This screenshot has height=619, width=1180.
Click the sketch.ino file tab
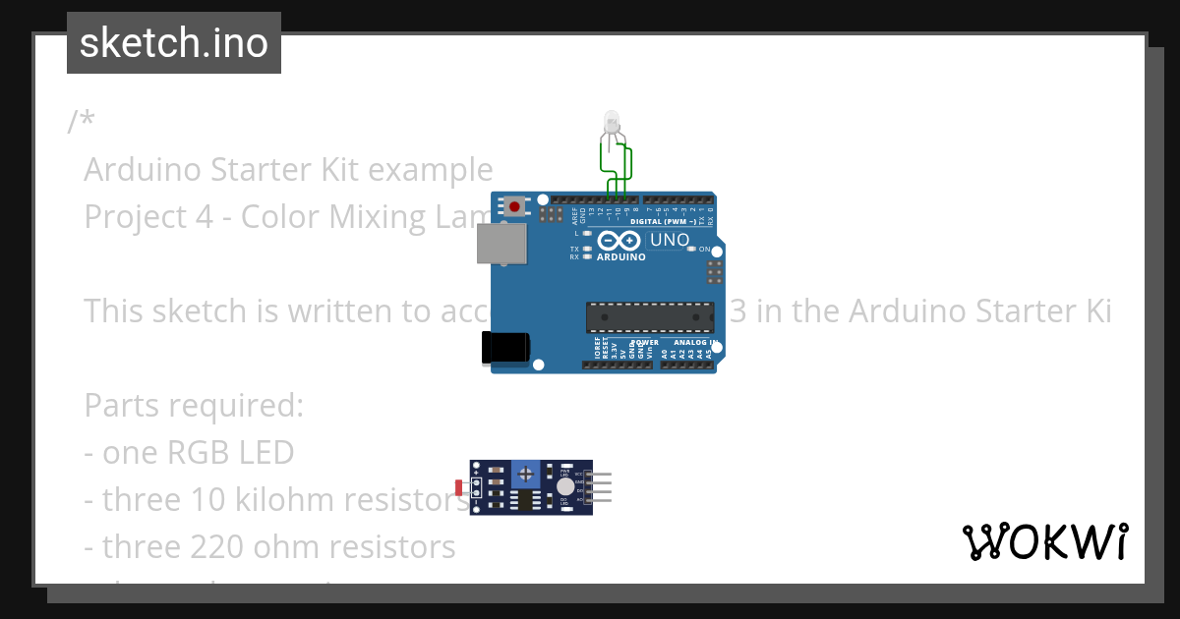point(174,43)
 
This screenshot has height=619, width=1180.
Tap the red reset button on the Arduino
point(514,206)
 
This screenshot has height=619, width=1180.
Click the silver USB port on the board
point(502,243)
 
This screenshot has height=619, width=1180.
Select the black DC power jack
point(505,348)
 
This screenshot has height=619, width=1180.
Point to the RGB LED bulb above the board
point(611,123)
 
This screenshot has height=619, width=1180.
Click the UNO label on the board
point(670,241)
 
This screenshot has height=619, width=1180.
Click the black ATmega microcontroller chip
point(650,317)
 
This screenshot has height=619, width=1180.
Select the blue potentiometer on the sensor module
point(527,475)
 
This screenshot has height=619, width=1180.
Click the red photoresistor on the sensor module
point(459,486)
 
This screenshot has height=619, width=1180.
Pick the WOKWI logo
point(1044,541)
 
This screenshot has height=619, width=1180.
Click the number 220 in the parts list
point(187,546)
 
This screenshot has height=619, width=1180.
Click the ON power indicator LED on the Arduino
point(692,250)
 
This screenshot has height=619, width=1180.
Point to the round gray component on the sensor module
point(564,486)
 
